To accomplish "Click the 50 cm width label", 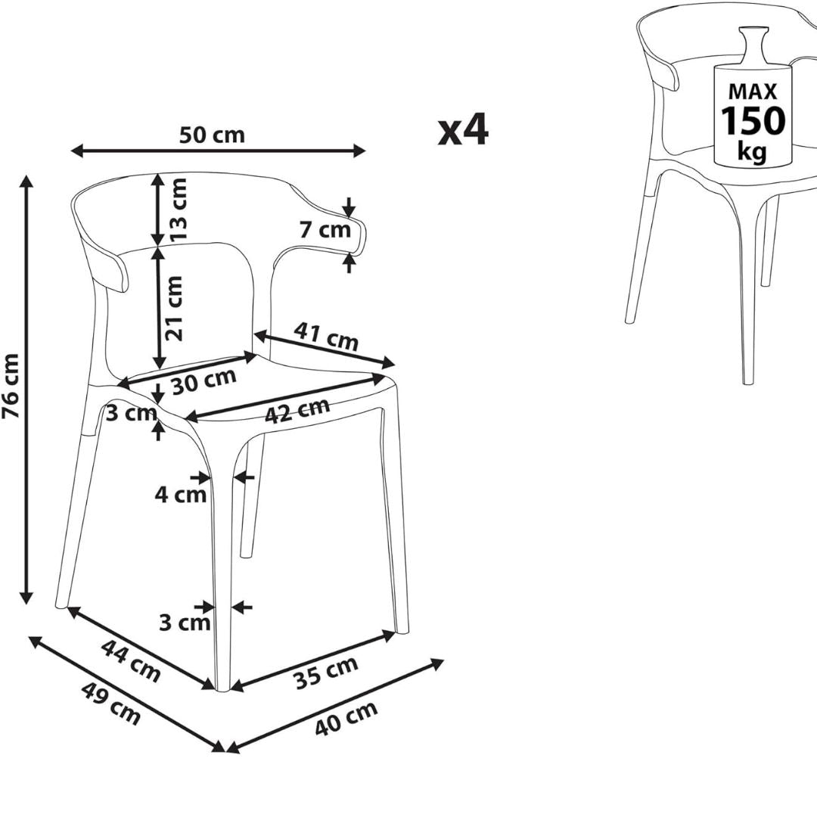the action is [212, 135].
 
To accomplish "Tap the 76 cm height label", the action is [11, 386].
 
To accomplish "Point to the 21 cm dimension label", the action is [175, 309].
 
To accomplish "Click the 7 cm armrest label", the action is [325, 229].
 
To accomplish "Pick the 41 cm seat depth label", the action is [326, 337].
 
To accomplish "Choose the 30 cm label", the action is [203, 381].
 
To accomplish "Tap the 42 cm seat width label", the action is [297, 410].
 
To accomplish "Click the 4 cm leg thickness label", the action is [180, 495].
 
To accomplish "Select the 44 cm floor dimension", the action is [131, 660].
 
